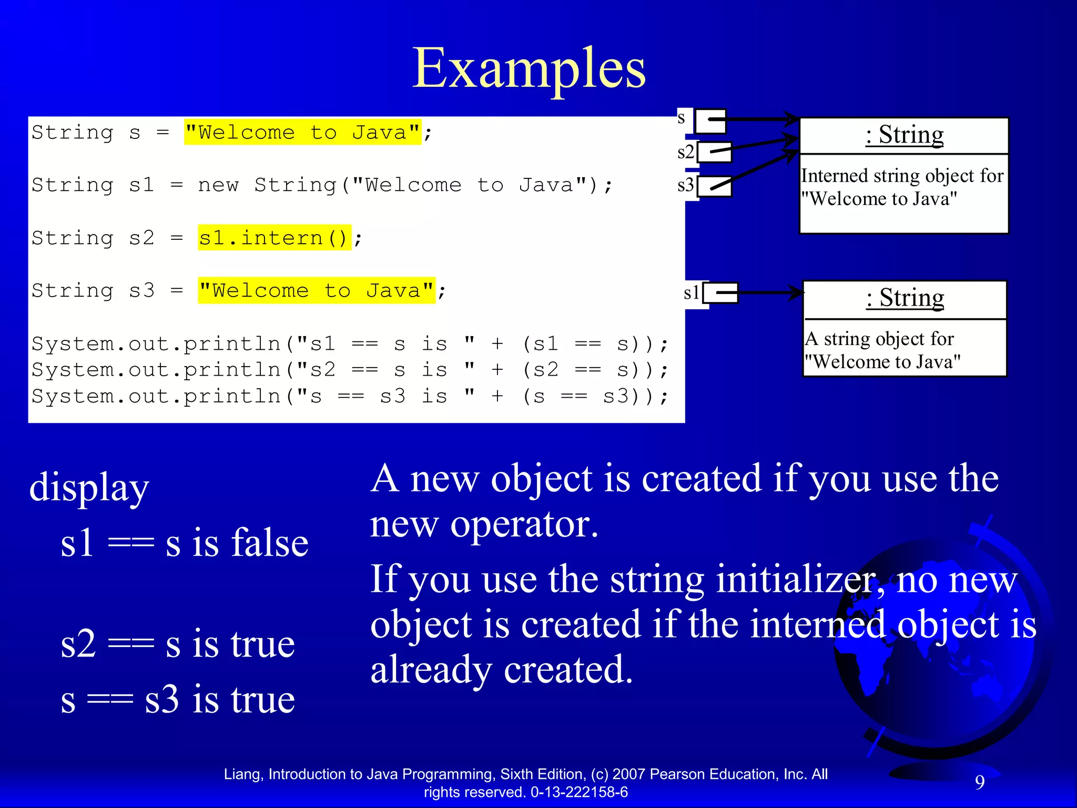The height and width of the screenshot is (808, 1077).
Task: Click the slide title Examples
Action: [x=529, y=68]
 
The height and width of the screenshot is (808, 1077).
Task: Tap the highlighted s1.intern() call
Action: [x=273, y=238]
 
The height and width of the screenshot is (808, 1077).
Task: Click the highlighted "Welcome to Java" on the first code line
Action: [x=302, y=132]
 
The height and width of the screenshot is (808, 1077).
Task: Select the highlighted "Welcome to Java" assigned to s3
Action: [x=316, y=290]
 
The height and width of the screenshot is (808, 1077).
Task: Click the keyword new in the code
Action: [x=218, y=185]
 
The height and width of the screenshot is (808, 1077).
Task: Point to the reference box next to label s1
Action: [x=721, y=293]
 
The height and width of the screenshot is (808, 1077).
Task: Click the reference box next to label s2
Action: [x=715, y=152]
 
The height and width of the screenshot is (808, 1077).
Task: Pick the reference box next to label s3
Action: [x=715, y=186]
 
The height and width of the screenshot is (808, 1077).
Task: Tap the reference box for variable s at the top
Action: [x=710, y=121]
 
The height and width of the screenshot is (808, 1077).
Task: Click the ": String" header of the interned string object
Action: [x=905, y=135]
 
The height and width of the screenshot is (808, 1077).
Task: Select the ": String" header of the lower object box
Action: [x=905, y=298]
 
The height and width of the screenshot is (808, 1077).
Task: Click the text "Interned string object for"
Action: [x=902, y=176]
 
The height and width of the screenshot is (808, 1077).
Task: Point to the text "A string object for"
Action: [x=879, y=339]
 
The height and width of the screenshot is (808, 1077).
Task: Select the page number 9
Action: [x=980, y=782]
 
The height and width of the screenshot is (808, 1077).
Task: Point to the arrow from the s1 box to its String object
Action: [x=771, y=292]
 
